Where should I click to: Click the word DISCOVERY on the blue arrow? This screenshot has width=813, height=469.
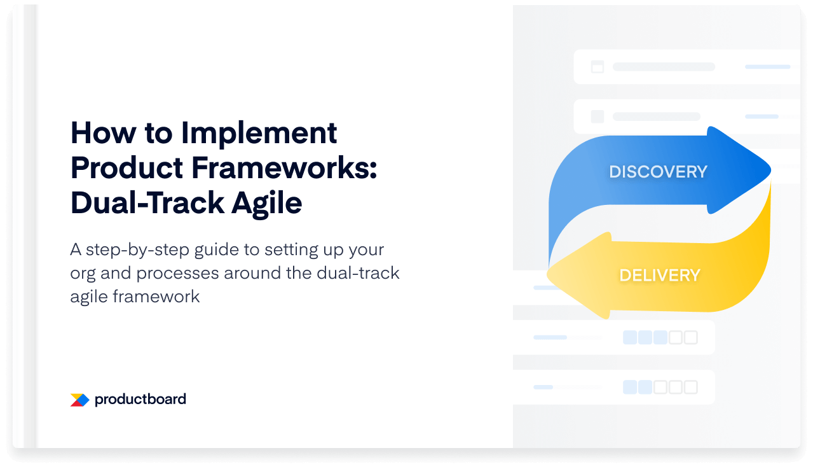(x=658, y=172)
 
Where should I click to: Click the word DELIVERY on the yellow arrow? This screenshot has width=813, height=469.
(x=659, y=276)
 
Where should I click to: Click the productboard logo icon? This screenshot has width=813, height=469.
(x=79, y=400)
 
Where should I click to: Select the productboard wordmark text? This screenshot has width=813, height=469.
(x=140, y=400)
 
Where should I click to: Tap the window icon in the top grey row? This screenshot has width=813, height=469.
(x=597, y=67)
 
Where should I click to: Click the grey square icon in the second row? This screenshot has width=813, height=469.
(x=597, y=116)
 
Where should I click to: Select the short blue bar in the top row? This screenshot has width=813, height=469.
(x=767, y=67)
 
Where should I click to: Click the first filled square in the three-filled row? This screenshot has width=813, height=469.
(x=630, y=337)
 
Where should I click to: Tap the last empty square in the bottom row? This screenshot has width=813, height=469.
(x=690, y=387)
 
